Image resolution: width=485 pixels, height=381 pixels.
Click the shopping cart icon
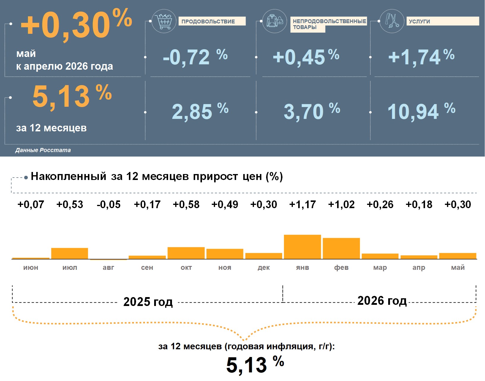[164, 21]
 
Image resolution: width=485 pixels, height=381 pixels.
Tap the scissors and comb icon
[392, 21]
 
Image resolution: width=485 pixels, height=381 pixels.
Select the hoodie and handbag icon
[275, 21]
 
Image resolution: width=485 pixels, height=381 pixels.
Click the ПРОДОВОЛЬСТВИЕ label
[208, 21]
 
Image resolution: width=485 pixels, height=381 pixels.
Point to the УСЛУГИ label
[419, 21]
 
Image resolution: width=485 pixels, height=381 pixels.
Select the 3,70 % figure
[312, 111]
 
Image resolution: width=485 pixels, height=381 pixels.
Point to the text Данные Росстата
[43, 150]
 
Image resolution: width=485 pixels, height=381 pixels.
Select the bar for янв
[302, 247]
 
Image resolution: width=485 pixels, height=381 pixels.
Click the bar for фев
[341, 248]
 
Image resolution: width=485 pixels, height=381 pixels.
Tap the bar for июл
[69, 254]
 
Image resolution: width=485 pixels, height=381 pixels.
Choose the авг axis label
[108, 267]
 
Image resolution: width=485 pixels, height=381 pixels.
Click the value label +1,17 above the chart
[302, 204]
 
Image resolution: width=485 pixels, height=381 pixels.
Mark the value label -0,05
[108, 204]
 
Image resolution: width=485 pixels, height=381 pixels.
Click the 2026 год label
[382, 301]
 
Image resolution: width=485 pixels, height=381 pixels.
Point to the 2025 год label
[148, 302]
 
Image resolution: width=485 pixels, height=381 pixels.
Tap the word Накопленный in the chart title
[69, 176]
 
